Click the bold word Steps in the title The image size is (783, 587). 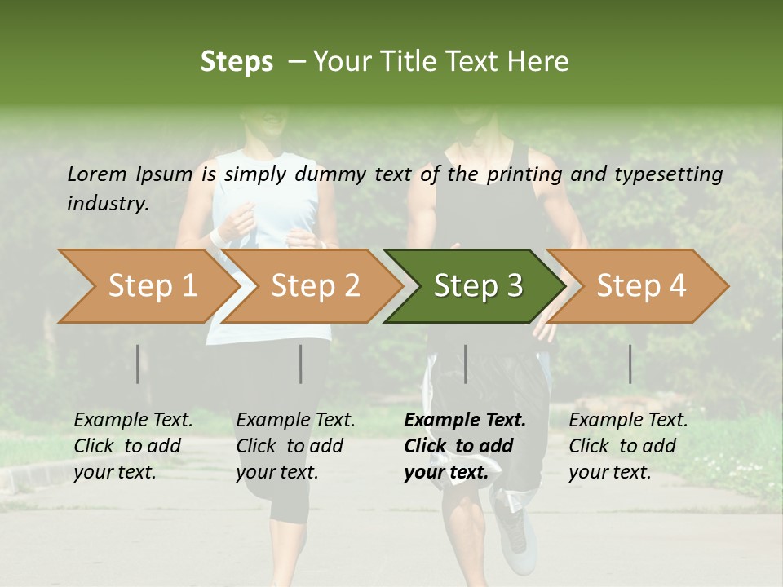coord(237,62)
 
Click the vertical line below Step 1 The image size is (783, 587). coord(138,364)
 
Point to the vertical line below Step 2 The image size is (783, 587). coord(301,364)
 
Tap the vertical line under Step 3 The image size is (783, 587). coord(466,364)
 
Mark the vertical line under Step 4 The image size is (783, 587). coord(630,364)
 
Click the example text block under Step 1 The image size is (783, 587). coord(133,446)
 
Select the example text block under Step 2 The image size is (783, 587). coord(295,446)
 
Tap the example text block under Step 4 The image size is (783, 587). coord(628,446)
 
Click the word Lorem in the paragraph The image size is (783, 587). coord(96,174)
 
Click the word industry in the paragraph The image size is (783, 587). coord(106,203)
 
